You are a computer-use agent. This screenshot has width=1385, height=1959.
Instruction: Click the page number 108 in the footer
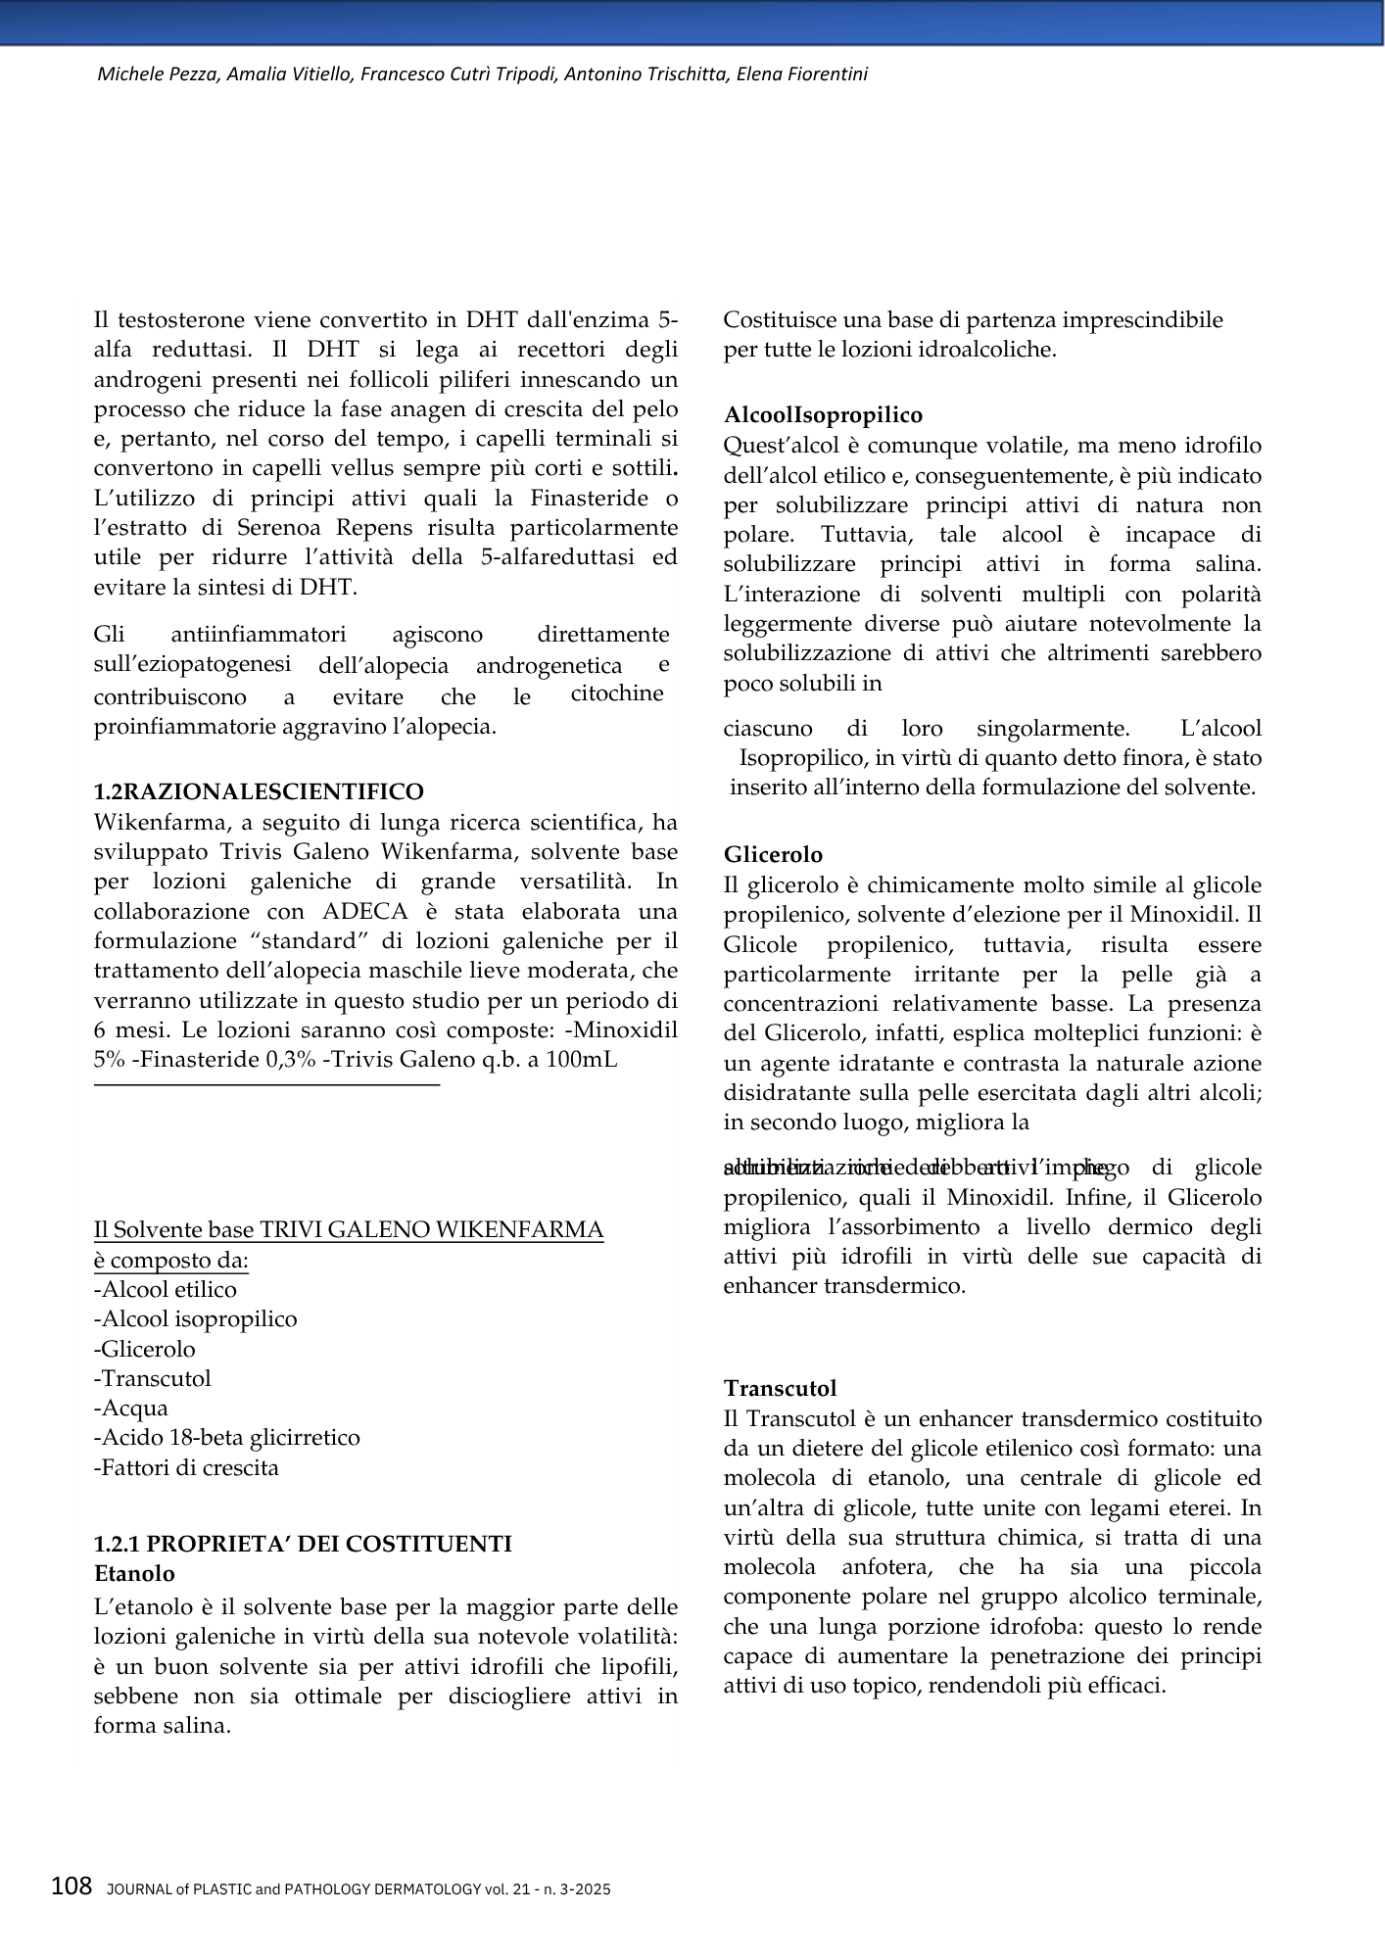72,1886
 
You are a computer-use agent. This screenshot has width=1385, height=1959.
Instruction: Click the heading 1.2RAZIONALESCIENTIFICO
259,791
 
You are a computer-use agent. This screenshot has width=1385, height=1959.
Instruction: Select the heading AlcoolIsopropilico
823,415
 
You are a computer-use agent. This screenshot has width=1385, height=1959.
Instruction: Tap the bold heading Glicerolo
773,854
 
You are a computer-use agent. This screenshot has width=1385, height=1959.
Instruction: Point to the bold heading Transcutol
781,1388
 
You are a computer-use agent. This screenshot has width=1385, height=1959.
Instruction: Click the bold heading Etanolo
134,1573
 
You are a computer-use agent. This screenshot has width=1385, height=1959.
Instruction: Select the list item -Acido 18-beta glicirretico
227,1437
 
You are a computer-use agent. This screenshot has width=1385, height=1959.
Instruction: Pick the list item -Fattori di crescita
186,1467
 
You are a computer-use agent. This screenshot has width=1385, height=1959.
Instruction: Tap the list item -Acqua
131,1408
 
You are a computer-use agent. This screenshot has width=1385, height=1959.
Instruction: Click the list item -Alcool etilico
166,1289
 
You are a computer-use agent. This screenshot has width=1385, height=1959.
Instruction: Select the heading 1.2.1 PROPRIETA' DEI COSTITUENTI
303,1544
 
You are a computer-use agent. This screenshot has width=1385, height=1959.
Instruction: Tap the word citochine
617,693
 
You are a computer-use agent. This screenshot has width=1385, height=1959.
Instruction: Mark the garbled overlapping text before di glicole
916,1168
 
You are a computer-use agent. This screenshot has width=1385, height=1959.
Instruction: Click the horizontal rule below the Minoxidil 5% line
266,1084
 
